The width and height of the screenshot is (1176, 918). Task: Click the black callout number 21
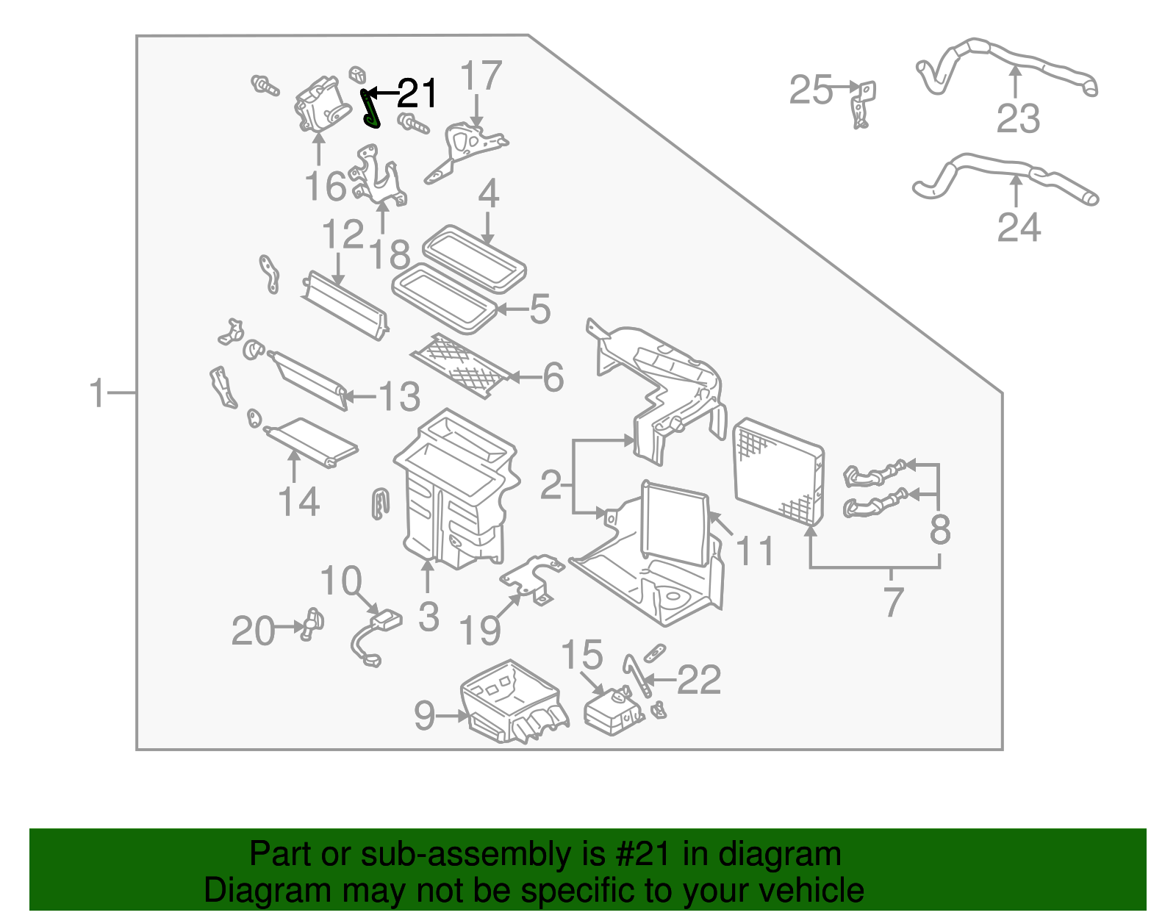[417, 93]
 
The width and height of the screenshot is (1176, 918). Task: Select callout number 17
[481, 76]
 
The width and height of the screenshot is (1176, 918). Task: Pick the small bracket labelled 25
[861, 103]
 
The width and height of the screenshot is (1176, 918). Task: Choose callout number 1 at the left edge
[98, 393]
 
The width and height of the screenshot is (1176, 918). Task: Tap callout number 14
[298, 502]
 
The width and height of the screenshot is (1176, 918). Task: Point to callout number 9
[425, 714]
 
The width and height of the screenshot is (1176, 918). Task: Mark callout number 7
[892, 603]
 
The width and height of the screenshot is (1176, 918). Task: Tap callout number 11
[755, 551]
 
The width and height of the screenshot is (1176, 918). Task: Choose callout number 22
[698, 680]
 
